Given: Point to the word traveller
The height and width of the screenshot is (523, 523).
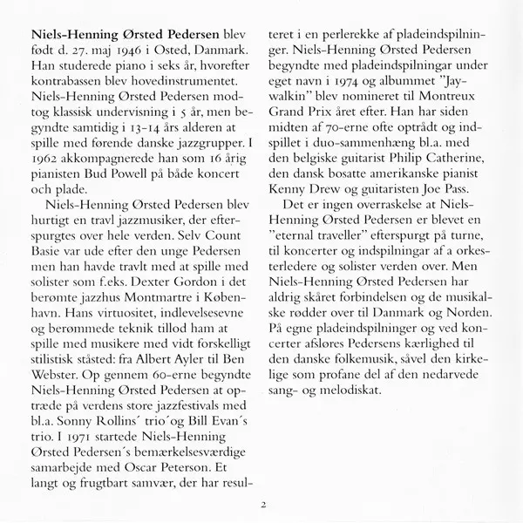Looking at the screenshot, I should tap(348, 254).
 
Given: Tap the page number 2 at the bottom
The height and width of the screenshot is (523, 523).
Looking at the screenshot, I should tap(261, 504).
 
